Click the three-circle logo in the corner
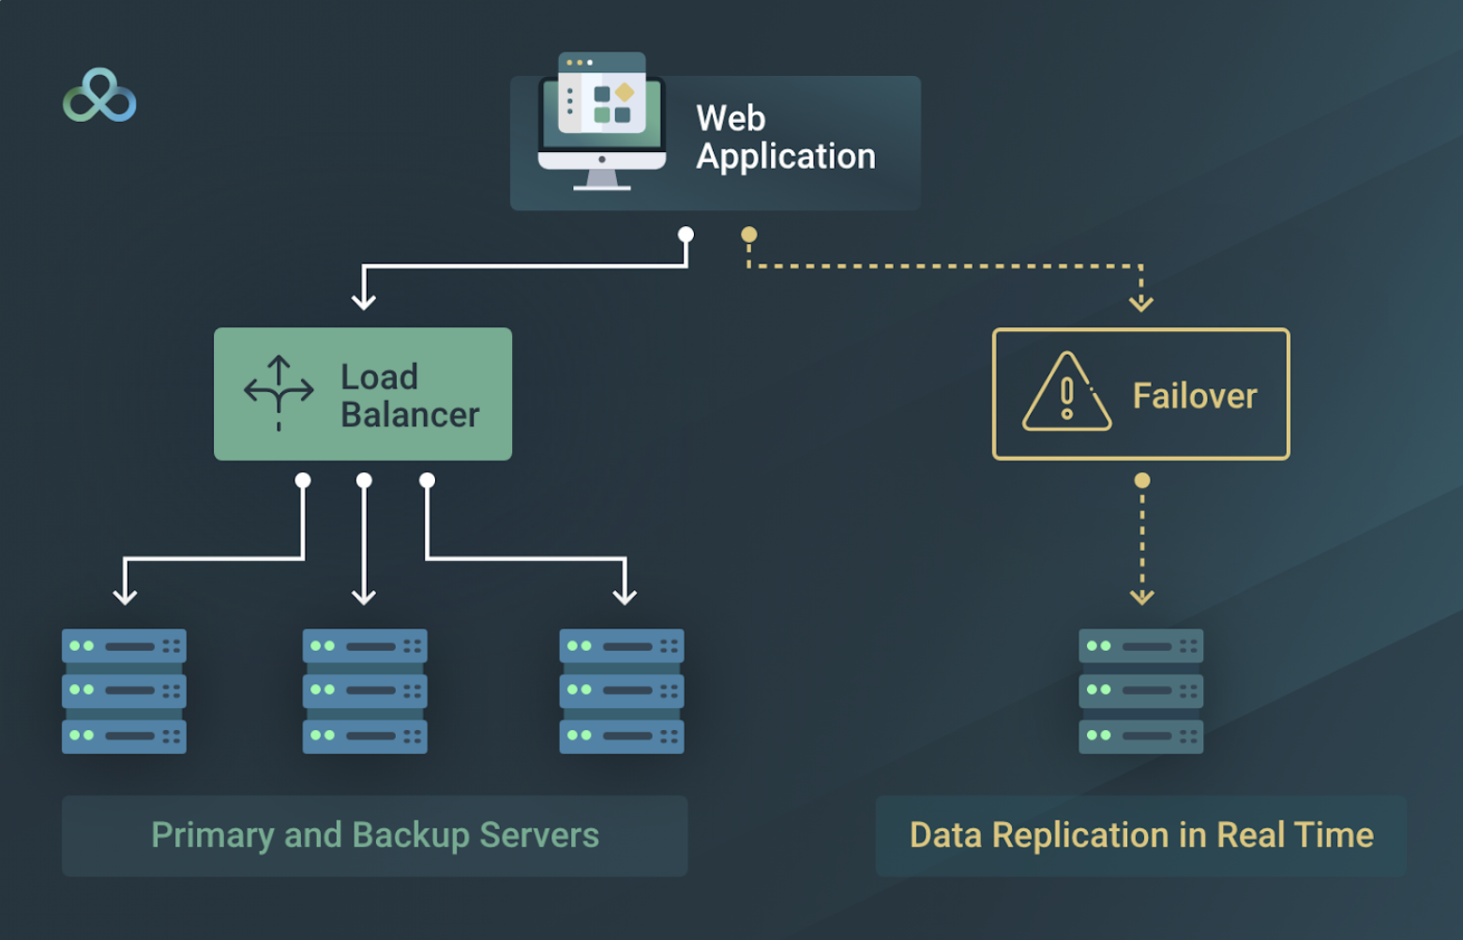pos(99,96)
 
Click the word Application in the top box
pos(785,157)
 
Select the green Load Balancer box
pos(363,394)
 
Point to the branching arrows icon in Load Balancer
pos(279,393)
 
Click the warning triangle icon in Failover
pos(1066,394)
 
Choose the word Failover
pos(1194,396)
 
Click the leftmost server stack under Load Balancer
pos(124,691)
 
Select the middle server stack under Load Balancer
pos(365,691)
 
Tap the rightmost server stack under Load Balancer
pos(622,691)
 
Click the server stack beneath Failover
pos(1140,691)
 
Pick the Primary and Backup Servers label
pos(374,836)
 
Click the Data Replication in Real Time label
pos(1140,836)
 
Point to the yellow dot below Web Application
pos(748,235)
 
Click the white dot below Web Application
pos(686,235)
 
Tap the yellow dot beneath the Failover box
pos(1141,480)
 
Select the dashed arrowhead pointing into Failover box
pos(1140,303)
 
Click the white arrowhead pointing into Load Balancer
pos(364,301)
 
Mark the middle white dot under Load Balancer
pos(365,480)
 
